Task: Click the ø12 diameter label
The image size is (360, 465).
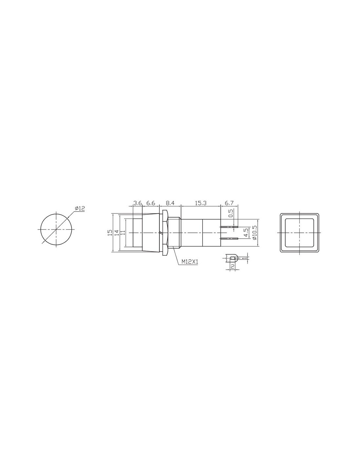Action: (x=80, y=208)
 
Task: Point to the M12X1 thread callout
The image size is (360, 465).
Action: (x=189, y=261)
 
